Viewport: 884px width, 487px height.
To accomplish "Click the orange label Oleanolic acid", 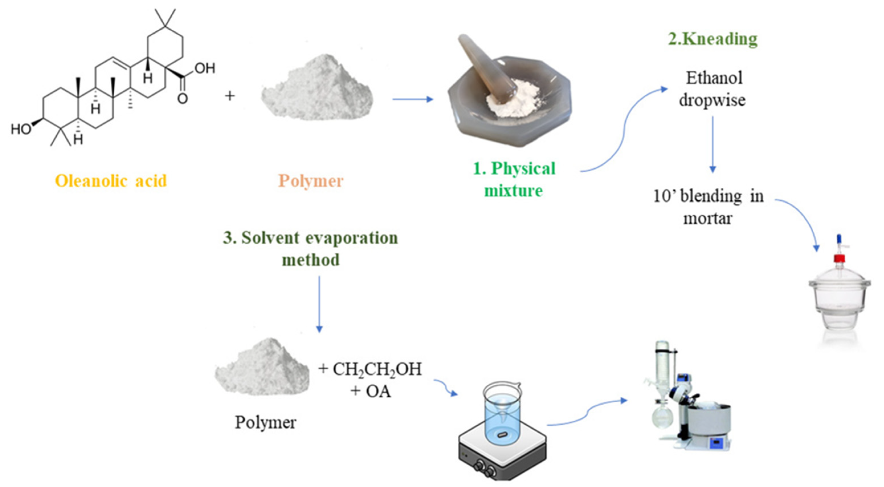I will (111, 181).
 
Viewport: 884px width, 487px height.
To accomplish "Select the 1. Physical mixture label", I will (514, 179).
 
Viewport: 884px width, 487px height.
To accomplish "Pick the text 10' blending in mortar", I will (708, 207).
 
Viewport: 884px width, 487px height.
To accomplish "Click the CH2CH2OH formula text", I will (377, 369).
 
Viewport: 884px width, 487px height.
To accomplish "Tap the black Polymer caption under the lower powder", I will (265, 422).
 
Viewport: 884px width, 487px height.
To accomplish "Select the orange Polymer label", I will (310, 181).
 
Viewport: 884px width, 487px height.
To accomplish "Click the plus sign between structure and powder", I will (230, 96).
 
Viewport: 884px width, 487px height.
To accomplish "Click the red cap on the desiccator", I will (839, 258).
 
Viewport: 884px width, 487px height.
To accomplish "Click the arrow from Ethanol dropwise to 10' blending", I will (713, 144).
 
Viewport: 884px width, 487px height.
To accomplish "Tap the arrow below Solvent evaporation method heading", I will (319, 304).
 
